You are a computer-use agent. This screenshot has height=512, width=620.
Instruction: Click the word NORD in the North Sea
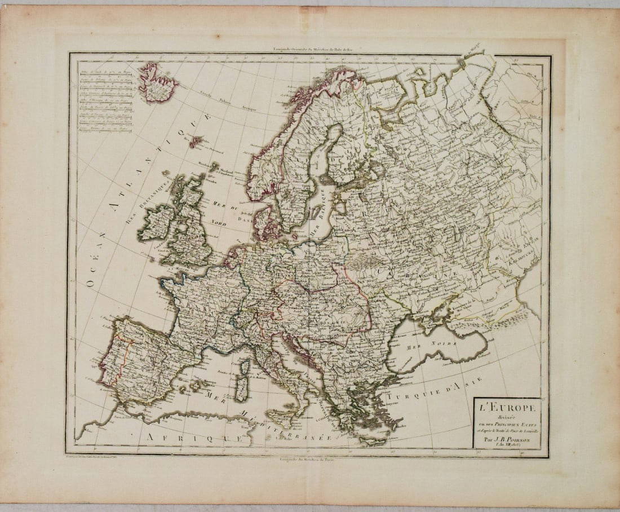pyautogui.click(x=218, y=223)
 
